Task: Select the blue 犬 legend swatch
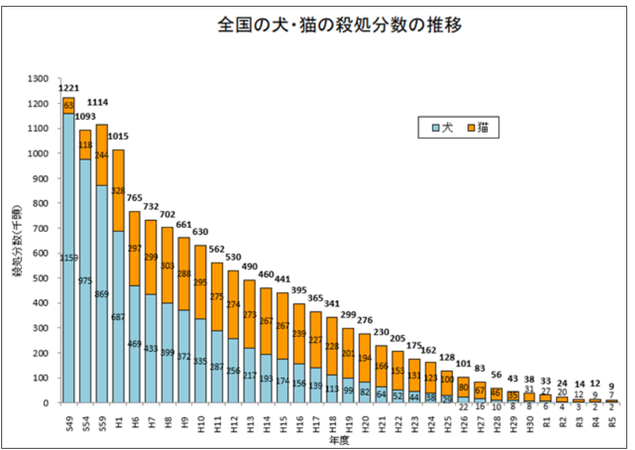tap(435, 128)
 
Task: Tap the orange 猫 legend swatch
tap(471, 128)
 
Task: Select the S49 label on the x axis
tap(69, 419)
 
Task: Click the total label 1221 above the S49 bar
tap(69, 89)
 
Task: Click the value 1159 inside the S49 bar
tap(69, 258)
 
